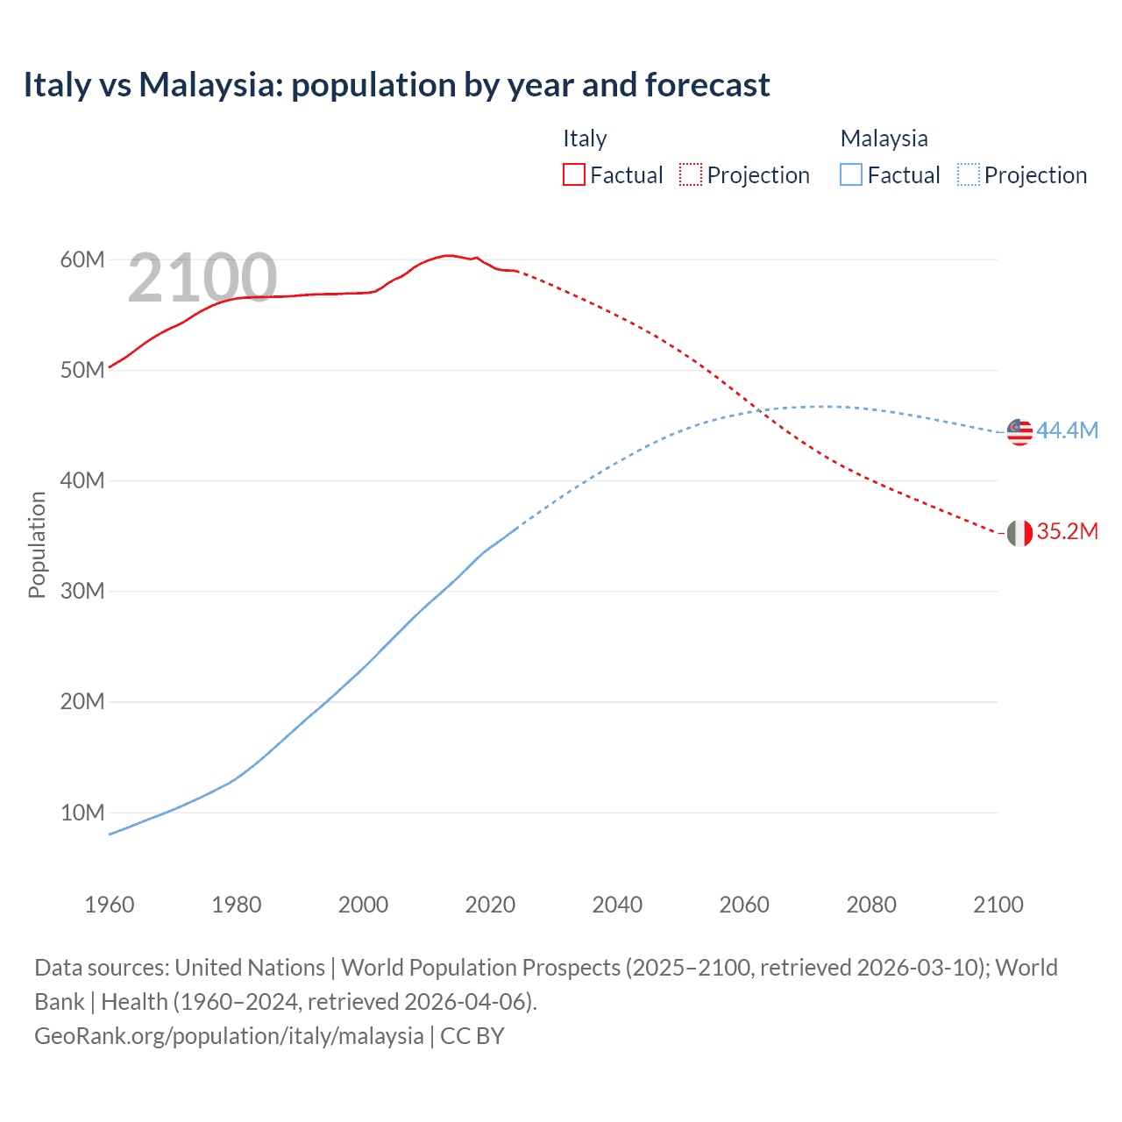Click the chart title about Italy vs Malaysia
[396, 85]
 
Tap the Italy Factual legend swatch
[573, 174]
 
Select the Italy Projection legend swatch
[691, 174]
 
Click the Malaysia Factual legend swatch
[850, 174]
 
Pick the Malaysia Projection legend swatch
[968, 174]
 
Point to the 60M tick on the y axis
[82, 259]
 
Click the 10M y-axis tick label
[82, 813]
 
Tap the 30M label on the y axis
[82, 591]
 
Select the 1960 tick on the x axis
[110, 905]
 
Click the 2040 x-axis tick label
[617, 905]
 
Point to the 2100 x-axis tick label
[998, 905]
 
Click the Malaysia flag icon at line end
[1019, 432]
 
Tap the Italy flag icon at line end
[1019, 532]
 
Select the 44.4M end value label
[1067, 430]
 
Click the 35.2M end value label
[1067, 531]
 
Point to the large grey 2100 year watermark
[202, 278]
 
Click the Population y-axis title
[37, 544]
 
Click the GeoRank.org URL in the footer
[229, 1035]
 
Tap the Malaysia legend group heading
[884, 138]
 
